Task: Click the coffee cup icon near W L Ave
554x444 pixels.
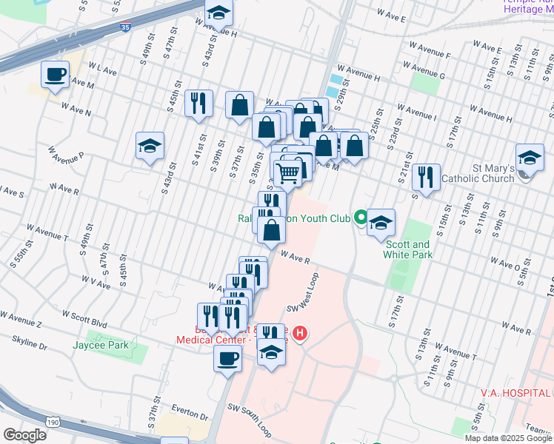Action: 55,75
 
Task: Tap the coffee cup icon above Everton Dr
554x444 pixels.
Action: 227,360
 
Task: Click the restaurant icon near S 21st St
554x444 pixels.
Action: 426,178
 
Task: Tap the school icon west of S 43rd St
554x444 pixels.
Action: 150,145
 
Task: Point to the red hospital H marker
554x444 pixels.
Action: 300,334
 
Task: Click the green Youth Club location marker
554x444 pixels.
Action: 361,218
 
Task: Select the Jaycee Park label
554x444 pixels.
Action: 101,345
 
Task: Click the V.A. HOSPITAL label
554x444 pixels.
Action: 515,392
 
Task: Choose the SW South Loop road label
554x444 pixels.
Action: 250,420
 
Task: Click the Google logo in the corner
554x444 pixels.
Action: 24,434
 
